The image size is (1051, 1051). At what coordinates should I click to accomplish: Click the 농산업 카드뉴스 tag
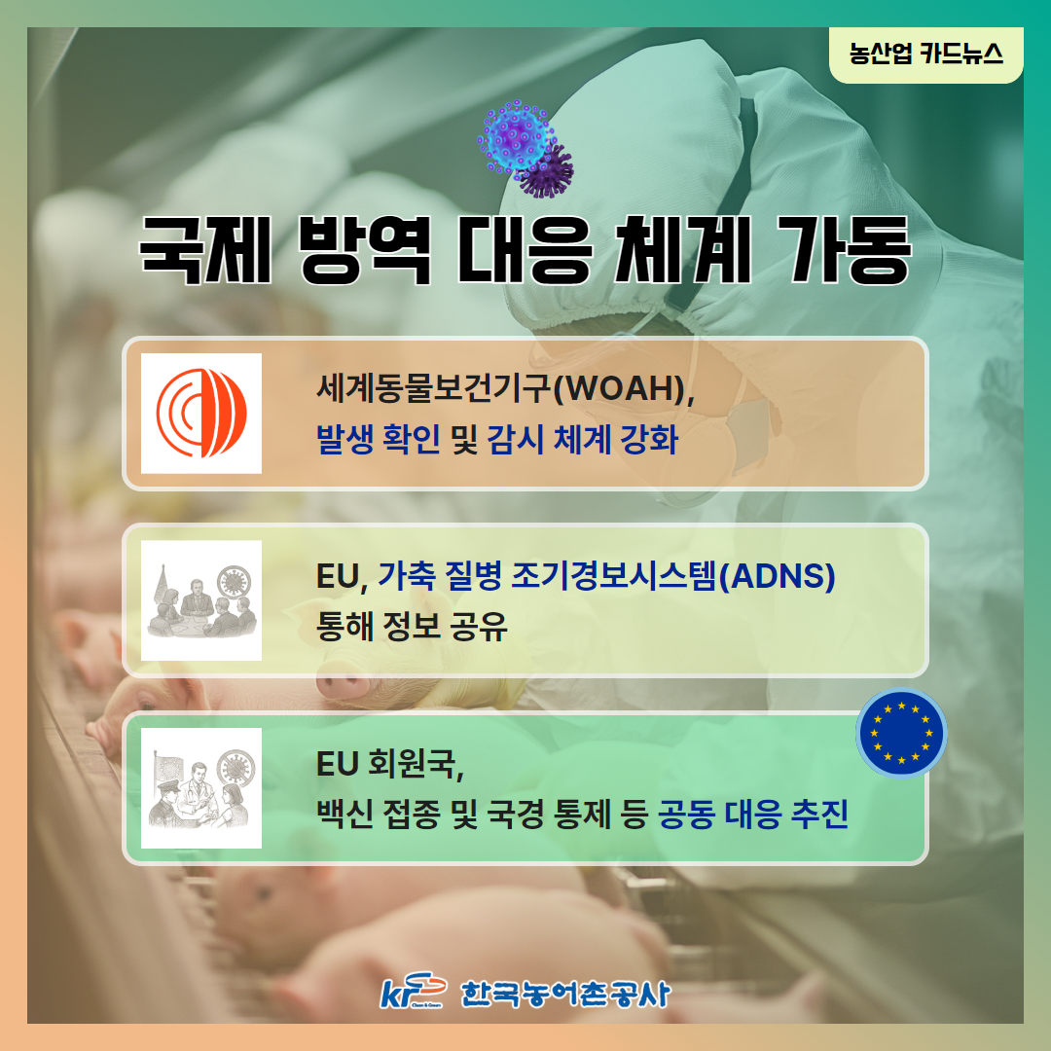925,54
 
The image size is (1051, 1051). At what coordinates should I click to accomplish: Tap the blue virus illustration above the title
515,136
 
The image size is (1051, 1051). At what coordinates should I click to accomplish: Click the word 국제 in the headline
205,250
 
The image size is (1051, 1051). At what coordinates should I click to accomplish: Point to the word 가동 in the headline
844,250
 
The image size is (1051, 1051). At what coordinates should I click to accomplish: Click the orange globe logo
201,413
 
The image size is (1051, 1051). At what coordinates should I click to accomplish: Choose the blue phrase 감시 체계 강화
582,440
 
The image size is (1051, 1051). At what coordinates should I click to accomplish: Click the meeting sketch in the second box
201,600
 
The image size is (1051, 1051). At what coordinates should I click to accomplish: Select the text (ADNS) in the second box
777,576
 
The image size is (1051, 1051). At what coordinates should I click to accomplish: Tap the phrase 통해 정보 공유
412,626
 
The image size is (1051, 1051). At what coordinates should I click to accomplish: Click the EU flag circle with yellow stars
901,733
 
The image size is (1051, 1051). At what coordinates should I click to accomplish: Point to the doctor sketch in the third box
201,788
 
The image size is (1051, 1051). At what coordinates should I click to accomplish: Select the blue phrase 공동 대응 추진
753,814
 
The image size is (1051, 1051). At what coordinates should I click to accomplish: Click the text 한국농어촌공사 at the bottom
565,994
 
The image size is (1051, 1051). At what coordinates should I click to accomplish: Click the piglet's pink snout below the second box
342,686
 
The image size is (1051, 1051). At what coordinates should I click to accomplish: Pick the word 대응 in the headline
525,250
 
